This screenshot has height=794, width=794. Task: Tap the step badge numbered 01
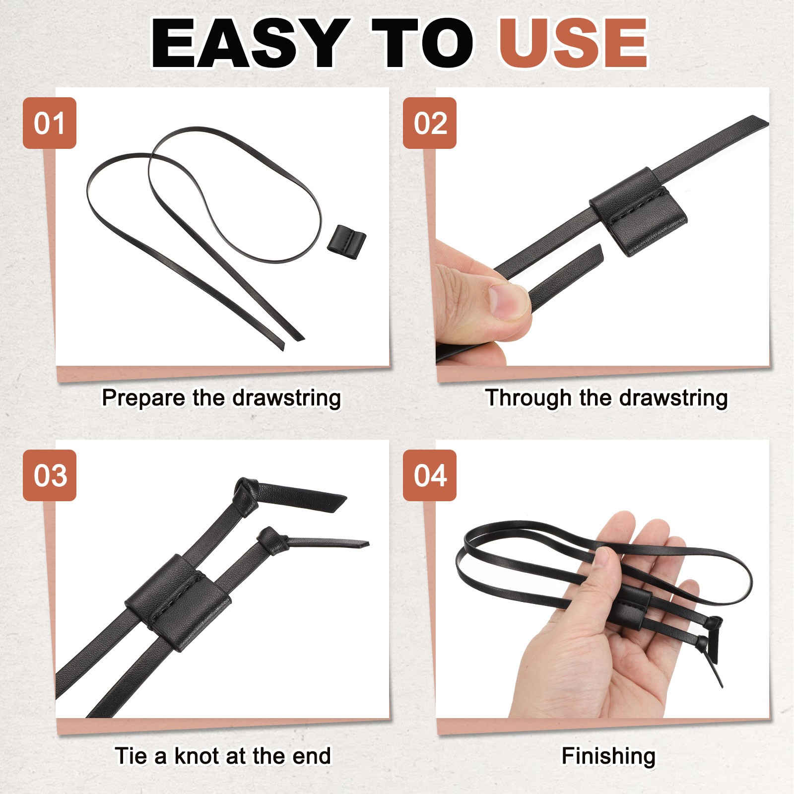tap(50, 123)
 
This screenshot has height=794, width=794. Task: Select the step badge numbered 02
tap(430, 123)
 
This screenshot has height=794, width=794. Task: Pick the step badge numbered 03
tap(50, 475)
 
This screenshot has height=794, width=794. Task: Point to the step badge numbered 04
tap(430, 475)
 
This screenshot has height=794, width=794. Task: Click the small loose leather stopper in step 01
tap(346, 242)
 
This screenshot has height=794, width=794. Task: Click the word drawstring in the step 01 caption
tap(287, 398)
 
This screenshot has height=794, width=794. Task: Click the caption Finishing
tap(608, 756)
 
